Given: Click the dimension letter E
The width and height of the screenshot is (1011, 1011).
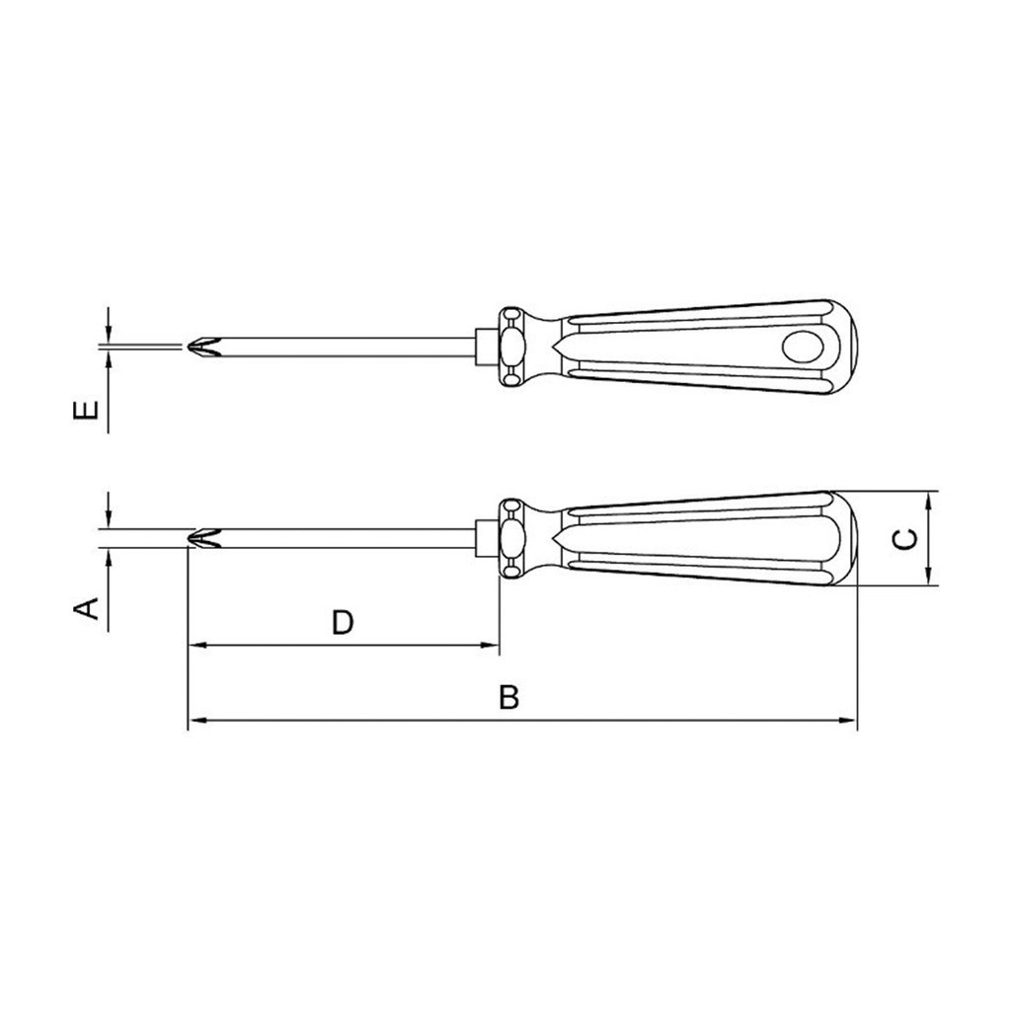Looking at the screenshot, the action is [x=87, y=410].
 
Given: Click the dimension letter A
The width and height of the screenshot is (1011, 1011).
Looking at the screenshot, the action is [x=87, y=608].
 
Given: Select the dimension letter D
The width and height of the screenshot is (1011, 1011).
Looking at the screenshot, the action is [x=343, y=623].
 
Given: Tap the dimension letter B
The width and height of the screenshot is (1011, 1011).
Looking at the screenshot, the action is [x=508, y=697].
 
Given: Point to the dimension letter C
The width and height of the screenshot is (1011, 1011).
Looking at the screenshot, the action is [x=906, y=539].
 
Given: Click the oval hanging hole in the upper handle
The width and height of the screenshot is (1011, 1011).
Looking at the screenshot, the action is [x=803, y=347].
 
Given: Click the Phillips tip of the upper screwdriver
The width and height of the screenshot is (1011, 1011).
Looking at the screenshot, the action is [x=203, y=347].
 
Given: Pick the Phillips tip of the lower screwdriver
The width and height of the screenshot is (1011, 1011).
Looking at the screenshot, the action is [x=203, y=538].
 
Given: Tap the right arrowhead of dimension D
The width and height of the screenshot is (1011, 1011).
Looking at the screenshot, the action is [x=492, y=645].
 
